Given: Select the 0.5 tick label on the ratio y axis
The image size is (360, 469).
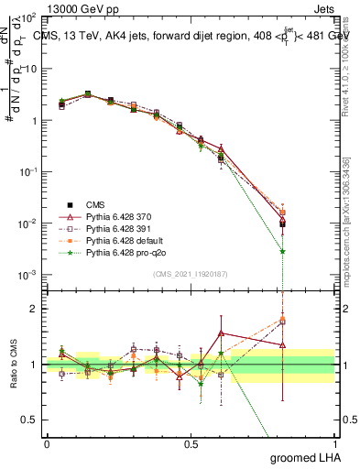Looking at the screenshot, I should point(29,420).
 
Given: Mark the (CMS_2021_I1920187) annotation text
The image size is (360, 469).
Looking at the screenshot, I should point(190,273).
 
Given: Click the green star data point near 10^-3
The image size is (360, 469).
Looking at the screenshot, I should point(283,251).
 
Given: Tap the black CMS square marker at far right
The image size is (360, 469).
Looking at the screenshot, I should point(283,223).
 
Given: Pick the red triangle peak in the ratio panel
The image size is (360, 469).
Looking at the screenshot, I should point(221,333).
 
